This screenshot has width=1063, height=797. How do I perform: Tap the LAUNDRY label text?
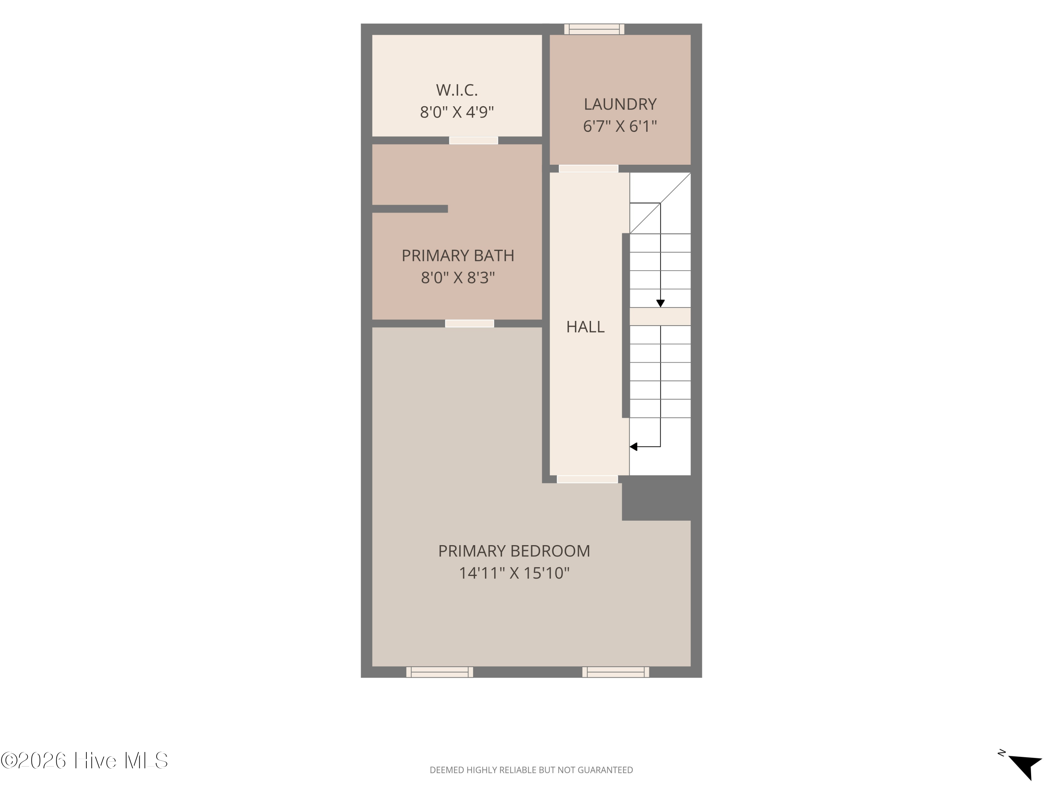tap(620, 104)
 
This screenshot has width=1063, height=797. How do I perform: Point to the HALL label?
tap(585, 327)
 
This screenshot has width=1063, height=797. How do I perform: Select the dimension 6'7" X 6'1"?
tap(620, 126)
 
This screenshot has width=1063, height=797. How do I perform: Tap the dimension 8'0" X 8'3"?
tap(457, 277)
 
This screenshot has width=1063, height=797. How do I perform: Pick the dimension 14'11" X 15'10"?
tap(514, 573)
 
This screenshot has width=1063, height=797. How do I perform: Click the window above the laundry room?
tap(594, 29)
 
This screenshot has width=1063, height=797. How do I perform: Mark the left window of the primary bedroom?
tap(439, 672)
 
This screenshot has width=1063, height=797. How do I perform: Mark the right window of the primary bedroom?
tap(615, 672)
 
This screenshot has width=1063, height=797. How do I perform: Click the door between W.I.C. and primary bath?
tap(473, 140)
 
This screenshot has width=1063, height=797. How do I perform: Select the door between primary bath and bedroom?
tap(469, 323)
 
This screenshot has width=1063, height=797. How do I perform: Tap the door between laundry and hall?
tap(588, 169)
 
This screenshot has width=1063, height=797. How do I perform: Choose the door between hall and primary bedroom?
tap(587, 479)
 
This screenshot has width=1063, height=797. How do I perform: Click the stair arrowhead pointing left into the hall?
tap(634, 447)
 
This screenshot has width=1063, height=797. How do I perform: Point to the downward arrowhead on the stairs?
tap(660, 304)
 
